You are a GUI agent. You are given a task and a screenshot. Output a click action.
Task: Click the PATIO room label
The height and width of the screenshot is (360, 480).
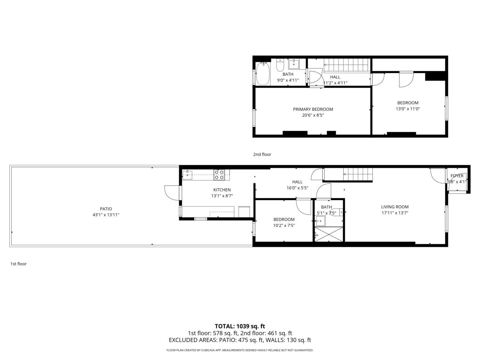[x=106, y=209]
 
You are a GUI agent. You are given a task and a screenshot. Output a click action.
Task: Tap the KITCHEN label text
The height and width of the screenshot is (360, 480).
[x=222, y=190]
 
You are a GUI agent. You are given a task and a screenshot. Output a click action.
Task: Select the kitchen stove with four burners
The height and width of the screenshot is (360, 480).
[x=219, y=175]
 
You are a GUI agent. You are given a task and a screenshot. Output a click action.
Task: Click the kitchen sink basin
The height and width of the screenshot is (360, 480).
[x=187, y=175]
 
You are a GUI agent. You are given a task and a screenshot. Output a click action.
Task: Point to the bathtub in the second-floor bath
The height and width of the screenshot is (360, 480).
[x=263, y=73]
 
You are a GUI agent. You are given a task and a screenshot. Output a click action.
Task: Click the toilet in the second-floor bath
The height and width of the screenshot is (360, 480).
[x=280, y=65]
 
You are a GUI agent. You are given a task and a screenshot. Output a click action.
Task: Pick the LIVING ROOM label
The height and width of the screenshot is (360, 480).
[x=395, y=207]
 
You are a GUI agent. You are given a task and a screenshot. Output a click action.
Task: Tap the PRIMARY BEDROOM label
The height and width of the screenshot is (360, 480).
[x=313, y=109]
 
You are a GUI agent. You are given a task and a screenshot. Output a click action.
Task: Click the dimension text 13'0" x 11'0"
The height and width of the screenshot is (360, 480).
[x=408, y=109]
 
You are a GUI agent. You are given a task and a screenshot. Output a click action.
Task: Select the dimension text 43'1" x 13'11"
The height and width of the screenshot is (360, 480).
[x=106, y=215]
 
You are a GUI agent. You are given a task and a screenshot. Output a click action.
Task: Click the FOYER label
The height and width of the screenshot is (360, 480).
[x=457, y=176]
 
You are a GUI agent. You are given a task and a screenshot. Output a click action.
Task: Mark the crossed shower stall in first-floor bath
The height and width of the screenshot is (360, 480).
[x=329, y=234]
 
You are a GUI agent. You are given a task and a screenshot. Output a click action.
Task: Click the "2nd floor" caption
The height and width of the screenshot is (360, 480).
[x=262, y=154]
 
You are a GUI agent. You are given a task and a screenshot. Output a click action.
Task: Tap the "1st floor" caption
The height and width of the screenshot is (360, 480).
[x=19, y=264]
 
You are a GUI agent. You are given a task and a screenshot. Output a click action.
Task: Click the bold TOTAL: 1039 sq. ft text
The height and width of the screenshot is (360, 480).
[x=240, y=326]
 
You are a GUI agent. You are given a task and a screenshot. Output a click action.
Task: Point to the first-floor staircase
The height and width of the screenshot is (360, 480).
[x=348, y=175]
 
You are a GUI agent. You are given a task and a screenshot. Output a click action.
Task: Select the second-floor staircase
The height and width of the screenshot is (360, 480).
[x=347, y=65]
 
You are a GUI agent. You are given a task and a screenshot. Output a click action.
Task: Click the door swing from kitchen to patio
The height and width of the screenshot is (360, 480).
[x=172, y=193]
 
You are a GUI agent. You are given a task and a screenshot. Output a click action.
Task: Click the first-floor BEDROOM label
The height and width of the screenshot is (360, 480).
[x=284, y=220]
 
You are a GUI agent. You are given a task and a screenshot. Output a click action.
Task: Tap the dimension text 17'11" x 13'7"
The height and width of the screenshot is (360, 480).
[x=395, y=213]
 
